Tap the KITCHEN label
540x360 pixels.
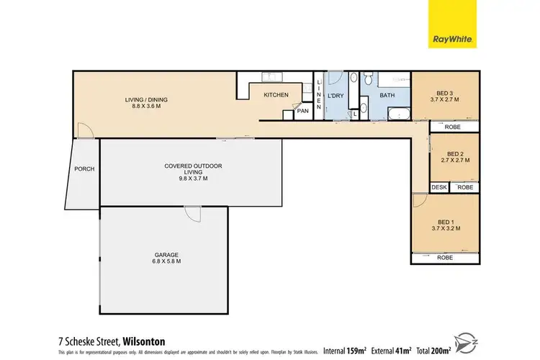pos(276,95)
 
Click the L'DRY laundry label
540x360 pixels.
pos(336,96)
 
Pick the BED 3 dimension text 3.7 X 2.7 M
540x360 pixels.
pos(444,100)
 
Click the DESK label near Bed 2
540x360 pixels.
pos(438,187)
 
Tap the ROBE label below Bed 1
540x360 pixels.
pos(444,258)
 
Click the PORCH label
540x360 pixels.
pos(84,169)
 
